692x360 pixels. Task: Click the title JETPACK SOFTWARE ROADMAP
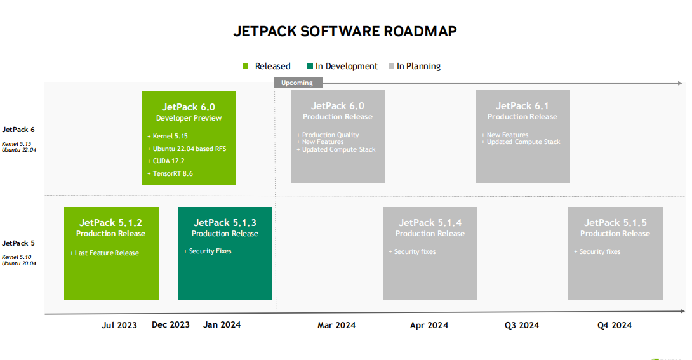(x=345, y=31)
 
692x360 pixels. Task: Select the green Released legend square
(x=246, y=66)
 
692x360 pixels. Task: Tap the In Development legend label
(x=346, y=66)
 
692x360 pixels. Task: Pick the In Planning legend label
(x=418, y=66)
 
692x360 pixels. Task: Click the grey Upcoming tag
(x=298, y=83)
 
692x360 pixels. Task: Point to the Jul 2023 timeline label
(x=119, y=325)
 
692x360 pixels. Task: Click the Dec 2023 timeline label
(x=171, y=324)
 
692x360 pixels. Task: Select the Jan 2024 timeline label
(x=222, y=324)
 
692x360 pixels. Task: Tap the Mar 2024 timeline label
(x=336, y=325)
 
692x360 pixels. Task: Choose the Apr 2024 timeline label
(x=429, y=325)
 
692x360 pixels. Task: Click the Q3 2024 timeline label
(x=522, y=325)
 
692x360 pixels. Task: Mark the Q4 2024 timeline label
(x=615, y=325)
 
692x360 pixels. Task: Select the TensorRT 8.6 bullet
(x=172, y=173)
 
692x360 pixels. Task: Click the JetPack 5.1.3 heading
(x=225, y=223)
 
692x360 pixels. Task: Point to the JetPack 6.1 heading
(x=522, y=106)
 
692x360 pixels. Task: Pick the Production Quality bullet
(x=328, y=135)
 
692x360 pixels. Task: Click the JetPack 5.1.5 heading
(x=615, y=223)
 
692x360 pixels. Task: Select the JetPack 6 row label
(x=18, y=130)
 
